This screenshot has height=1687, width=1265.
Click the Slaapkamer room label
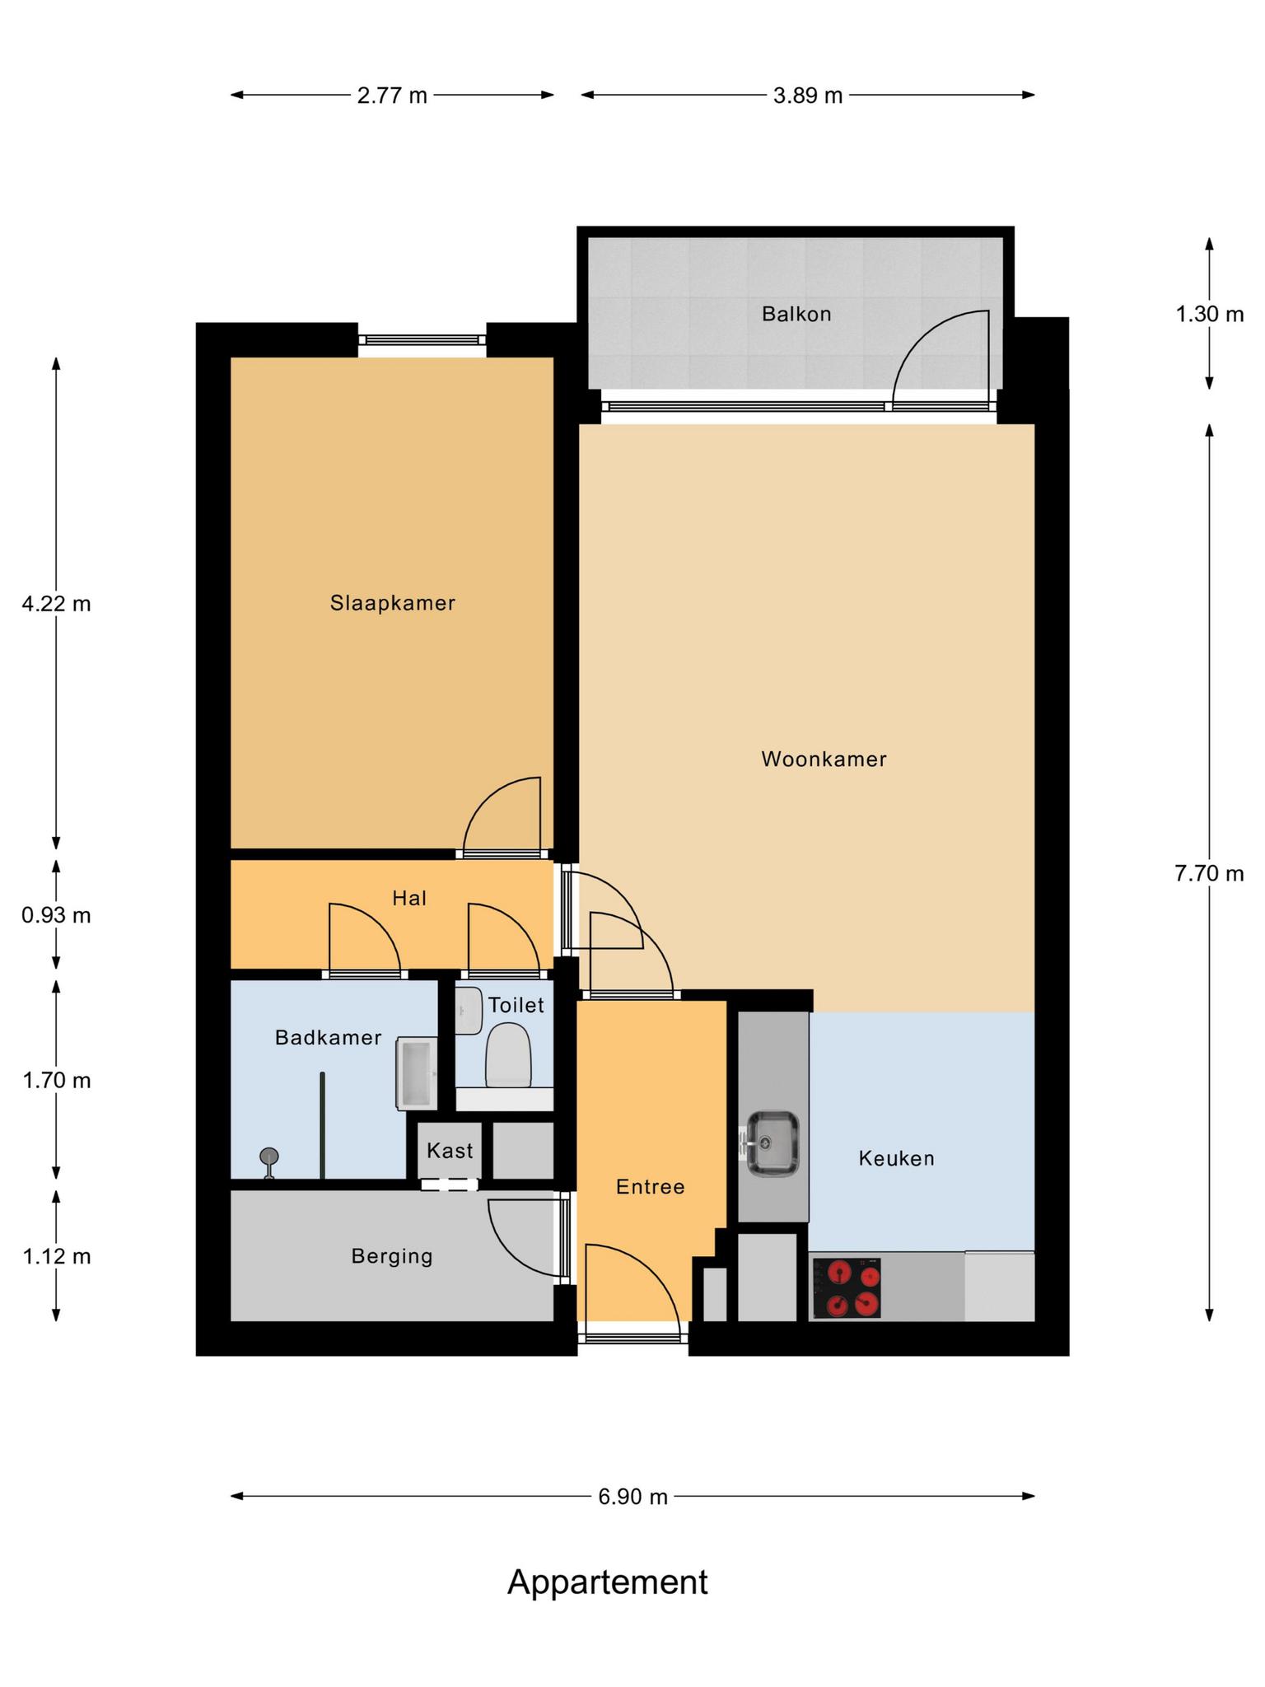393,603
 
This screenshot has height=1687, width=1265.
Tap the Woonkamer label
824,759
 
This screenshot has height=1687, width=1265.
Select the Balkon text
796,314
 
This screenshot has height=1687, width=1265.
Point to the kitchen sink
773,1144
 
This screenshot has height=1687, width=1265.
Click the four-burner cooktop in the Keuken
847,1287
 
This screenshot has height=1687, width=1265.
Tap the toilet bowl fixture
507,1054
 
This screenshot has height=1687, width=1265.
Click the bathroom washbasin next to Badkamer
417,1073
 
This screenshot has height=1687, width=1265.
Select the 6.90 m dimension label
632,1496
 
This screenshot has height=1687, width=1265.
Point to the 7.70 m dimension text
1209,873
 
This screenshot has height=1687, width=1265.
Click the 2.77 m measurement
392,96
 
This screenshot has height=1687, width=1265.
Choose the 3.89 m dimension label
808,96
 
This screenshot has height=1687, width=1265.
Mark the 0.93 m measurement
56,915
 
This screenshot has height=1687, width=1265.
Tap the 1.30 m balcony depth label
1209,314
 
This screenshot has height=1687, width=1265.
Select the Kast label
450,1150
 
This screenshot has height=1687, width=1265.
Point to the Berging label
391,1256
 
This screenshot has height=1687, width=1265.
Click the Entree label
651,1186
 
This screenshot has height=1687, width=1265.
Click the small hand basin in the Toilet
469,1011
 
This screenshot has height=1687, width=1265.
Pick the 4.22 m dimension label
56,604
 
